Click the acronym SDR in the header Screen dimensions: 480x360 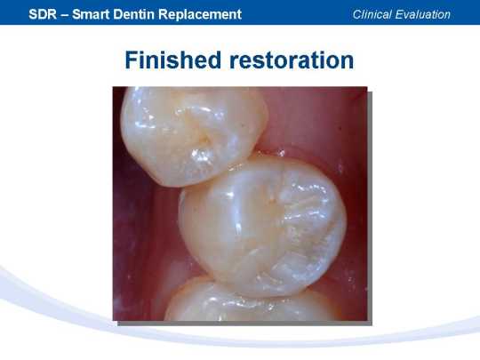(43, 14)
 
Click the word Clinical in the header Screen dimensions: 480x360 (372, 14)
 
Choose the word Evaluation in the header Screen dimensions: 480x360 (423, 14)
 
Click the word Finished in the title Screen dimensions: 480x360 (173, 60)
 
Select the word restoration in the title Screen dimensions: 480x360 (292, 60)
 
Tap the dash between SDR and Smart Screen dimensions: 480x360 (64, 15)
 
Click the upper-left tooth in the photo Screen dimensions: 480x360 (193, 135)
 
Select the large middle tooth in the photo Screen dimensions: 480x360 (262, 227)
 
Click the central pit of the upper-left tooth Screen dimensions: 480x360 (204, 140)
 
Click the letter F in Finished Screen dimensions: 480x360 (132, 60)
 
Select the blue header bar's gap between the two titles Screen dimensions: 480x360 (297, 12)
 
